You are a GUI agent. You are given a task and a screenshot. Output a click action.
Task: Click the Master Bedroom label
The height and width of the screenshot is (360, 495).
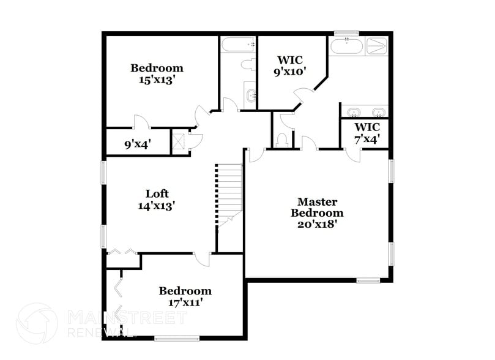click(316, 207)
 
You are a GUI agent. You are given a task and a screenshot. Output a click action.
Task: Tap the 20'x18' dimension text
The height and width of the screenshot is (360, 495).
click(316, 223)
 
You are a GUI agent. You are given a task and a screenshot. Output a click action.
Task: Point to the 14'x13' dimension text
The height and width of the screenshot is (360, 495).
click(157, 206)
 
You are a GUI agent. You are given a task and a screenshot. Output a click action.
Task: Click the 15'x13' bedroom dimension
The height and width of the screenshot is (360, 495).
click(157, 80)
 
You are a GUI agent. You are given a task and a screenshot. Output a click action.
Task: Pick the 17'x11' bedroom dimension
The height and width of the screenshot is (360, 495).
click(185, 302)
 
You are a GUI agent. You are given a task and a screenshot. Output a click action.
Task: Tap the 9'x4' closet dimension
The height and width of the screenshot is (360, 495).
click(138, 144)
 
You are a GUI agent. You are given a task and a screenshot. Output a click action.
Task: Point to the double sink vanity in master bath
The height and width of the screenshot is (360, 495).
click(364, 112)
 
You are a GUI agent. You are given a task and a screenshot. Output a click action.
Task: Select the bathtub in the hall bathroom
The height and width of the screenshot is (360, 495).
click(238, 45)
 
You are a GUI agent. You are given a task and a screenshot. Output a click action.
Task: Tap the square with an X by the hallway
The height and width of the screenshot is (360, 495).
click(179, 142)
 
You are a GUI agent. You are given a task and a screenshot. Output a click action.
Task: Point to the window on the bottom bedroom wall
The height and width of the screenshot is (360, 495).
click(176, 337)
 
